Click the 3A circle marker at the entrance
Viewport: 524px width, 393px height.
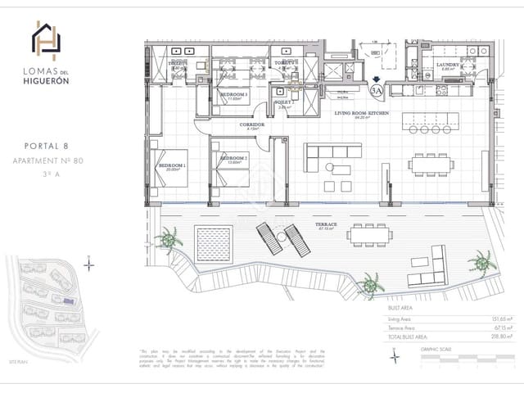click(376, 90)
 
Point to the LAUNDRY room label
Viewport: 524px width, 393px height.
click(448, 65)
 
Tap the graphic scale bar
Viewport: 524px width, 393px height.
click(459, 357)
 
